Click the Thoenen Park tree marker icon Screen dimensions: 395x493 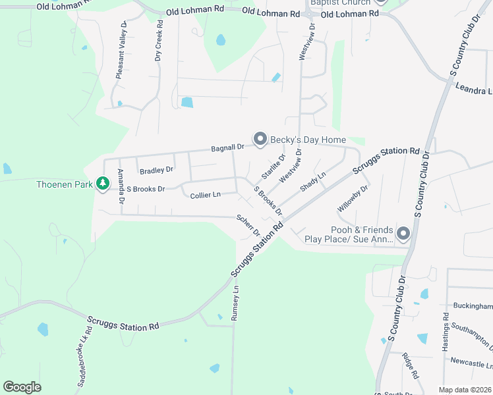click(102, 184)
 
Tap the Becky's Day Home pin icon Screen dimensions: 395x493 click(260, 139)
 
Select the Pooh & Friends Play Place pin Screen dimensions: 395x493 click(403, 233)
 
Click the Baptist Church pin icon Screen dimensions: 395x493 click(379, 3)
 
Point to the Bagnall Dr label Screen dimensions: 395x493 click(227, 148)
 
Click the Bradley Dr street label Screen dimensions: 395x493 click(156, 171)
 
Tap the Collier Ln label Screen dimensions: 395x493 click(205, 196)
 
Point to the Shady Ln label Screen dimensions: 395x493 click(313, 182)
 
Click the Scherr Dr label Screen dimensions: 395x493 click(248, 226)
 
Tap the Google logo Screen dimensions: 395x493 click(22, 386)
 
